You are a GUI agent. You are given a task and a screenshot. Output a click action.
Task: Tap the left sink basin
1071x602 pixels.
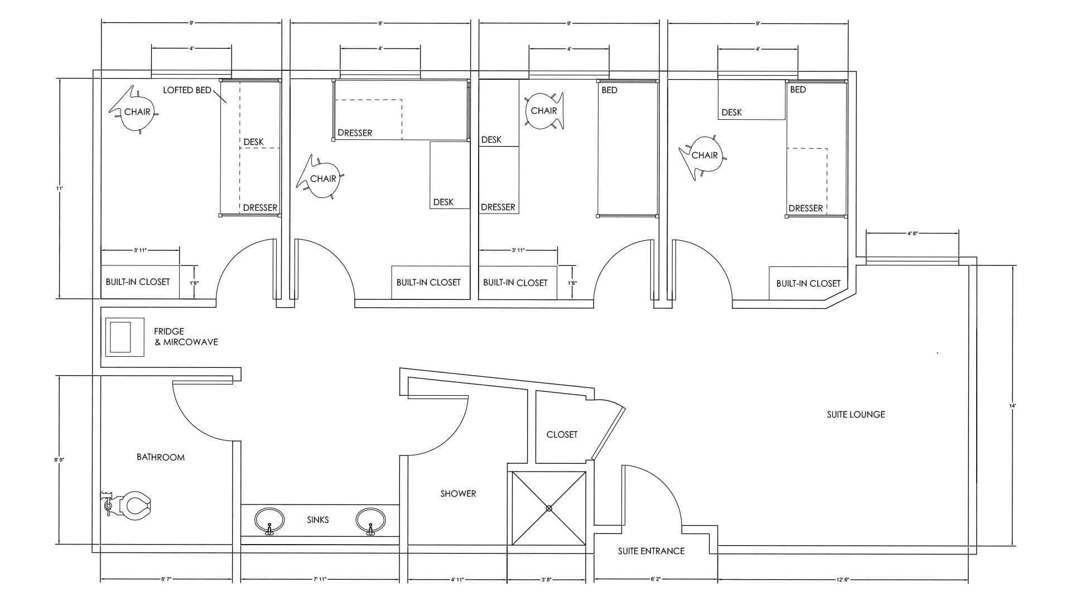[269, 521]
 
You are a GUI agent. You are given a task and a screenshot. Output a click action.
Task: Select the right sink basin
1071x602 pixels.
[370, 521]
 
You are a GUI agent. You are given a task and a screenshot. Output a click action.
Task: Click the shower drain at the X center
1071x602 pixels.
[549, 508]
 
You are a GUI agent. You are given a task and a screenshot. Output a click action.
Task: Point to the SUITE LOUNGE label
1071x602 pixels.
[856, 414]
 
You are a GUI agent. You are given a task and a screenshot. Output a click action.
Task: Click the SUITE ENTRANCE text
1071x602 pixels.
[651, 551]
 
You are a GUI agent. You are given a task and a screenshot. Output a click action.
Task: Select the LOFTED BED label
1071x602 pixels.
[187, 90]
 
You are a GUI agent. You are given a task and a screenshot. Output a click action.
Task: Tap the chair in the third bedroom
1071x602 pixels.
[544, 111]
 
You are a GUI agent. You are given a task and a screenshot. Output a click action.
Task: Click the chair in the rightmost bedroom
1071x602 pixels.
[704, 156]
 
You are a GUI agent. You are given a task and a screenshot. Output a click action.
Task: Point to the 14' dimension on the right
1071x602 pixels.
[1012, 406]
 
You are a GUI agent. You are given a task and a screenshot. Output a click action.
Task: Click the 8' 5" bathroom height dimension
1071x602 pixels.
[59, 460]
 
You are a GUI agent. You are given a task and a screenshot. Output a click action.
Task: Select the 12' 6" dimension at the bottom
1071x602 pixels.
[842, 580]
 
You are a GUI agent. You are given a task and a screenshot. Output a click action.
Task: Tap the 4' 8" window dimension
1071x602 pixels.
[913, 234]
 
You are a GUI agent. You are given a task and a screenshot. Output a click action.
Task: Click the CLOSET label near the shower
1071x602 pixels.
[562, 434]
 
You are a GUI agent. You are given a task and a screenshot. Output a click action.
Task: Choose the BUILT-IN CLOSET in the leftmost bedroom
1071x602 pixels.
[138, 282]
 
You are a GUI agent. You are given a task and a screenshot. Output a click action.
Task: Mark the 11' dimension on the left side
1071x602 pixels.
[59, 188]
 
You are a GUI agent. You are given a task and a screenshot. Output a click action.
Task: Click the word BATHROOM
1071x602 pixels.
[161, 457]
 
